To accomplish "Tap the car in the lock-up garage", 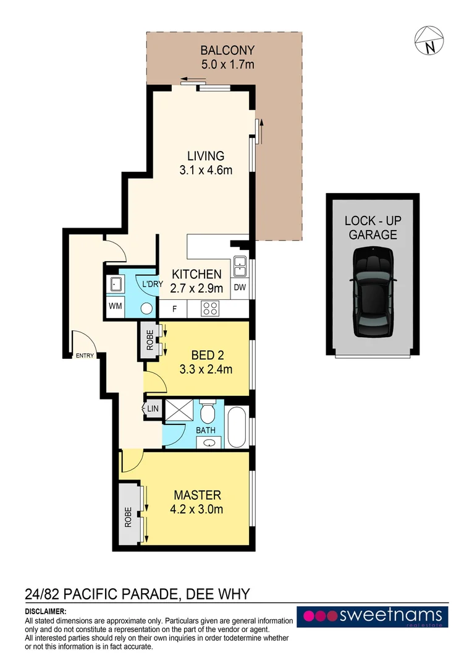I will tap(373, 291).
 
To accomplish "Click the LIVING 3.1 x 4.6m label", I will tap(206, 163).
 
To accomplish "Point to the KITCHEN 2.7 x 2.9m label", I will tap(196, 280).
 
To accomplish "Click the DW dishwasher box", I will tap(240, 287).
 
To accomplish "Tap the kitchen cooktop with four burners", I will tap(211, 308).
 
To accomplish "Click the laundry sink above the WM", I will tap(116, 285).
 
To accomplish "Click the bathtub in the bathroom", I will tap(237, 426).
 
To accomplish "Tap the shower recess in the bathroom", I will tap(178, 411).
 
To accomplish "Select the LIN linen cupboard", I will tap(151, 409).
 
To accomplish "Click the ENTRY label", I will tap(84, 356).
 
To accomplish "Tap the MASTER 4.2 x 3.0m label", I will tap(197, 502).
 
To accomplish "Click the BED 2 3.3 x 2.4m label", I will tap(211, 362).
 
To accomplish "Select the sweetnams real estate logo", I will tap(373, 617).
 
